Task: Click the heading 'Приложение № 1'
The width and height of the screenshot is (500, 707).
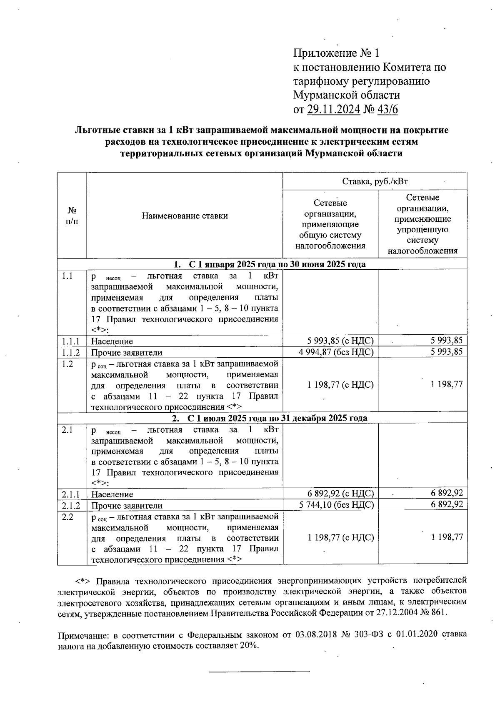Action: (337, 53)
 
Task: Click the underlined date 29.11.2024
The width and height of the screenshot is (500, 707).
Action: (334, 110)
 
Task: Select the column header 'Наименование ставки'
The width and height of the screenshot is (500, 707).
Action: (185, 216)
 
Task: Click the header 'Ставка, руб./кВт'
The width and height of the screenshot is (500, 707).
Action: (375, 181)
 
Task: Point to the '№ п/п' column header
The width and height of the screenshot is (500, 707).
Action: (72, 216)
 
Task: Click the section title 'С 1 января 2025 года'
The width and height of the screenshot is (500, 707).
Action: (270, 264)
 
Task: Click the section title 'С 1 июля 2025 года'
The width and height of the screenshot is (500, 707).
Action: (270, 418)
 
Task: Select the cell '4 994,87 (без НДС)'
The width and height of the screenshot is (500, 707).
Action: (336, 352)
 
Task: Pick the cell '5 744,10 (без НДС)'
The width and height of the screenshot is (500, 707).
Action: (336, 505)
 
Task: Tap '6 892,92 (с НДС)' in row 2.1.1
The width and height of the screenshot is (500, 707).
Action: (340, 494)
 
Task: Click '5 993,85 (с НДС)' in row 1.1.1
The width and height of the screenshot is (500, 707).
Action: (340, 341)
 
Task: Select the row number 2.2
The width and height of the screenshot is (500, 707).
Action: (67, 517)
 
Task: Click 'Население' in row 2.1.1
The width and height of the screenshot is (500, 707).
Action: (112, 494)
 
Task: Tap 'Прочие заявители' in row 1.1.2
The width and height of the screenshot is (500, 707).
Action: (127, 353)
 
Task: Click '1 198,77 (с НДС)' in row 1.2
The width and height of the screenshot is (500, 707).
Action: (340, 385)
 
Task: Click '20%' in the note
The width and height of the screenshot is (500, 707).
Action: (248, 646)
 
